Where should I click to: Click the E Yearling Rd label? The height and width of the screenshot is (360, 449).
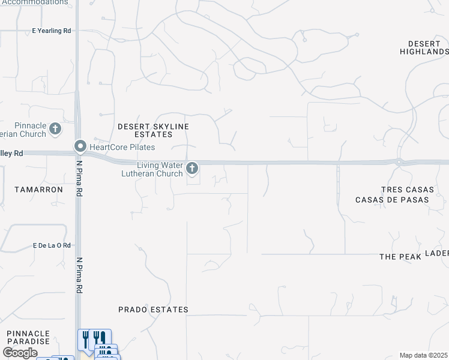(x=52, y=31)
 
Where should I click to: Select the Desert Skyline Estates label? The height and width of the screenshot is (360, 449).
(x=153, y=130)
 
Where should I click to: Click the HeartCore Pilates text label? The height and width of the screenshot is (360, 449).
(x=122, y=147)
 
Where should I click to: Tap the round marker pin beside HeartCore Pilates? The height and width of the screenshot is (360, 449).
(x=80, y=146)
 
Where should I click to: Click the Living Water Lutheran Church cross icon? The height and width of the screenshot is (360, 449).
(x=192, y=169)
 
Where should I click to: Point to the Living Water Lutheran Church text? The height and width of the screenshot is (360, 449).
(x=160, y=170)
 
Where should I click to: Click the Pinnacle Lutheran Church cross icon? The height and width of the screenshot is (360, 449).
(x=55, y=128)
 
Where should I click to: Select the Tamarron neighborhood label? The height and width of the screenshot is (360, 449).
(x=38, y=189)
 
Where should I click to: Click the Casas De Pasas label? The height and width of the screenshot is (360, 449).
(x=392, y=200)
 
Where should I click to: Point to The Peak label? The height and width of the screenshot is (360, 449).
(x=397, y=256)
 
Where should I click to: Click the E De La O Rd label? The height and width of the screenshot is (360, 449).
(x=52, y=245)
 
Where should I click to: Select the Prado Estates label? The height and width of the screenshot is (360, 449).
(x=153, y=310)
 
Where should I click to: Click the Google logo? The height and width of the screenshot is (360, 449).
(x=20, y=353)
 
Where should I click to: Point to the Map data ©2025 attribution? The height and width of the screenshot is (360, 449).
(x=423, y=355)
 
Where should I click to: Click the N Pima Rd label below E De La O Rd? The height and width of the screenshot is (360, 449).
(x=79, y=276)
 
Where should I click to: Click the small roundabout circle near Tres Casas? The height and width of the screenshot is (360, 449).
(x=399, y=161)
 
